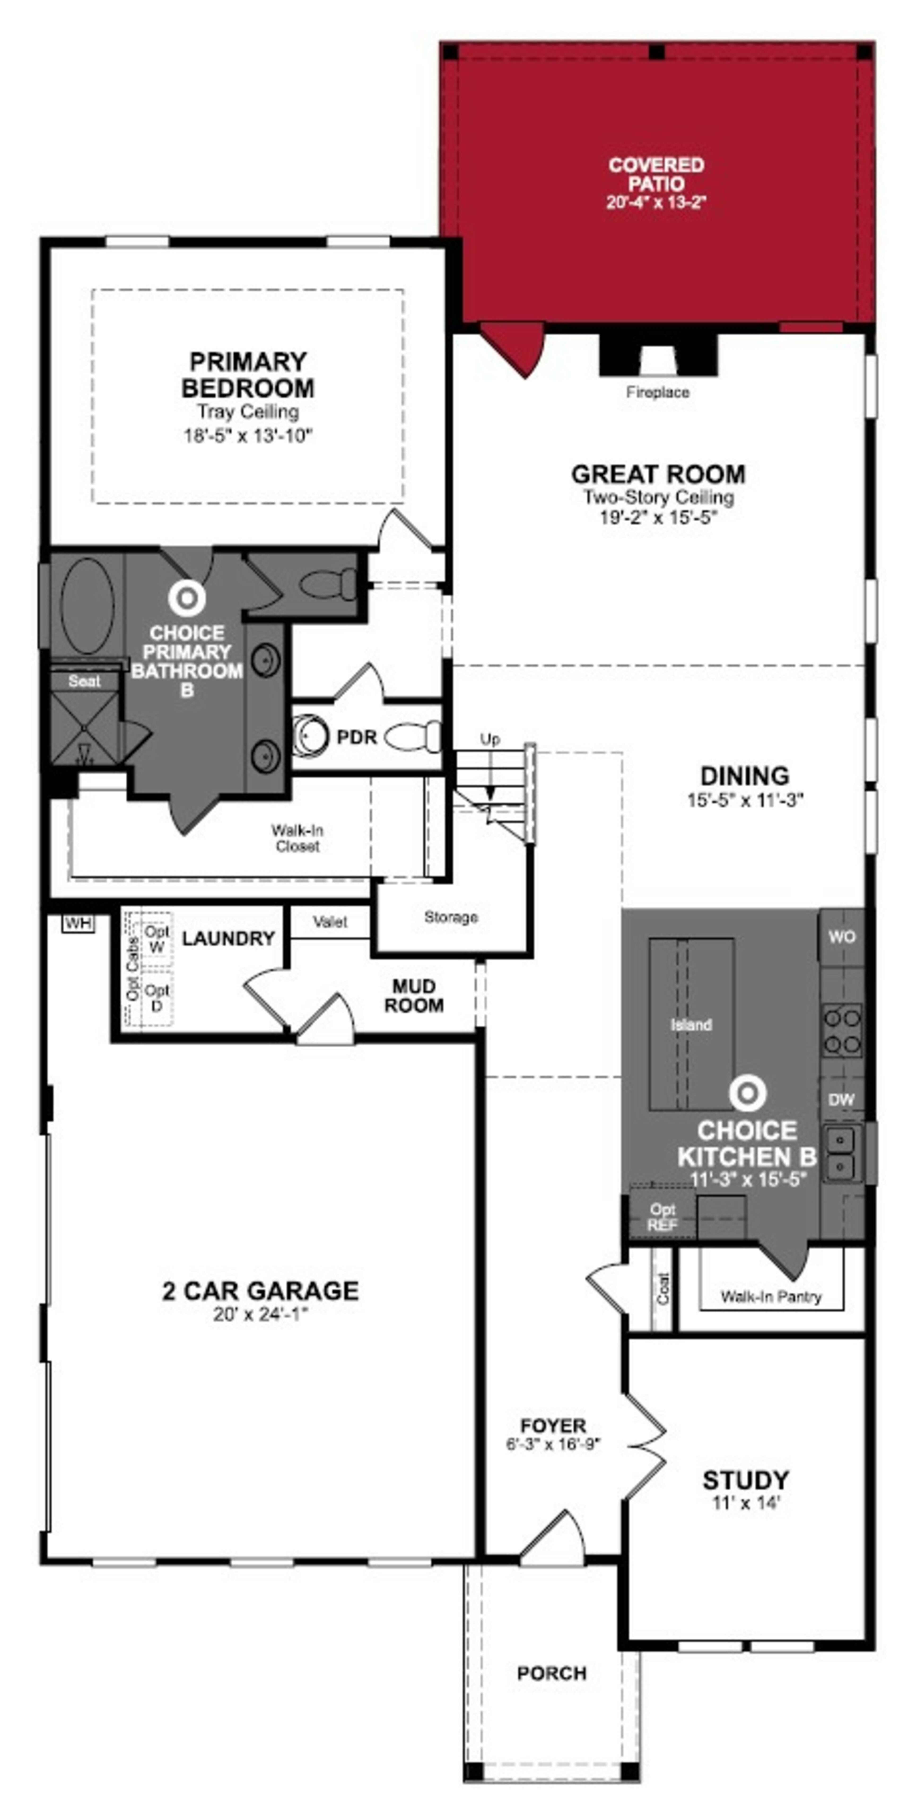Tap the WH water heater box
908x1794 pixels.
pyautogui.click(x=78, y=923)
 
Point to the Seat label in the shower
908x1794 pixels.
pyautogui.click(x=84, y=681)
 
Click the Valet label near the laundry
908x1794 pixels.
pyautogui.click(x=330, y=922)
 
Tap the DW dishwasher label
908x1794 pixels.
pyautogui.click(x=841, y=1100)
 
